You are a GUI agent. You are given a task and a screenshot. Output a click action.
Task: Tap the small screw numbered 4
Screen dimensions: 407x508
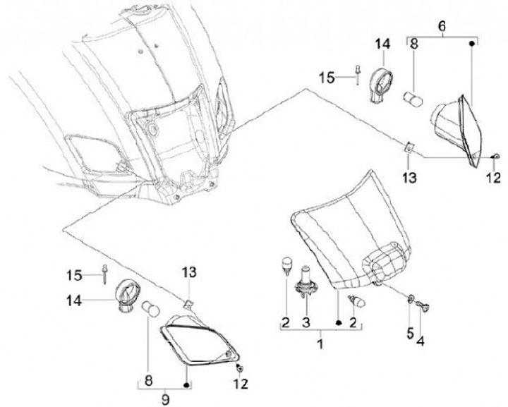(x=425, y=305)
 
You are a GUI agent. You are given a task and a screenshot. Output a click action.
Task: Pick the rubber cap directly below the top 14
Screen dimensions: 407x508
(x=382, y=89)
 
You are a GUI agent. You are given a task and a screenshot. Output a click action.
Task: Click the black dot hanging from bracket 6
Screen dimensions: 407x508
(x=471, y=43)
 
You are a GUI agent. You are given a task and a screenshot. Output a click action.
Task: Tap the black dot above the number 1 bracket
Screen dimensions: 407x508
(x=339, y=323)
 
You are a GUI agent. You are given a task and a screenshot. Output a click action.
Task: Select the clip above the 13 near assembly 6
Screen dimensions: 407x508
(x=409, y=147)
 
